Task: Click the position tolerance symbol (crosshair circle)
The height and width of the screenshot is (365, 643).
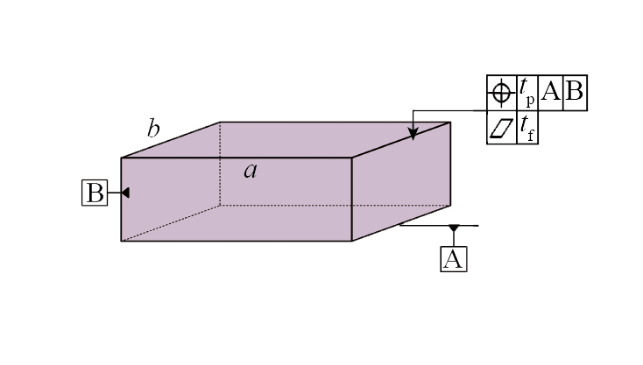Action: click(x=501, y=93)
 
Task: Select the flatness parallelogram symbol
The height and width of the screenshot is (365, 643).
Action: click(x=502, y=129)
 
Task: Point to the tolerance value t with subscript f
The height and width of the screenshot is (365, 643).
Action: click(x=527, y=128)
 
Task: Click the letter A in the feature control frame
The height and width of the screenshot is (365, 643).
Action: click(x=550, y=91)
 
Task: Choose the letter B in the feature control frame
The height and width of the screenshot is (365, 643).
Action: click(x=574, y=91)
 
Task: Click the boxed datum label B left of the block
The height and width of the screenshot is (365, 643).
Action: click(x=95, y=193)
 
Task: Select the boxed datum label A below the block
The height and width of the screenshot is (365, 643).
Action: click(x=454, y=259)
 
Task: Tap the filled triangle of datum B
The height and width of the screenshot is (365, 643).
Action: click(x=125, y=193)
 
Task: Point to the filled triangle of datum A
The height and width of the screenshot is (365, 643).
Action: click(x=454, y=228)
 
